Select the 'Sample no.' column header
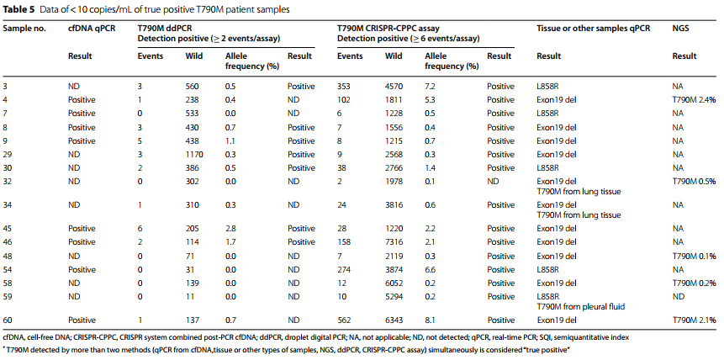pyautogui.click(x=24, y=29)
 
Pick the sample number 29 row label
pyautogui.click(x=8, y=155)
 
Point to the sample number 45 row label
pyautogui.click(x=8, y=228)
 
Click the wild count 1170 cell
pyautogui.click(x=194, y=155)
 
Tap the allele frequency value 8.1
pyautogui.click(x=430, y=320)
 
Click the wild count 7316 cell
pyautogui.click(x=394, y=241)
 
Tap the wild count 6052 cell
pyautogui.click(x=394, y=283)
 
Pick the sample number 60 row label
pyautogui.click(x=8, y=320)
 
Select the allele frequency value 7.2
pyautogui.click(x=430, y=87)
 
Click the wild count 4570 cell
pyautogui.click(x=394, y=87)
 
